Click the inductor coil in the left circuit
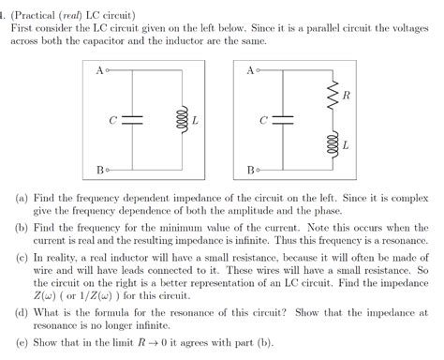click(181, 120)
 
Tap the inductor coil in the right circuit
click(333, 144)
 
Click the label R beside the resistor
click(347, 96)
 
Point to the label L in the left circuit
click(194, 120)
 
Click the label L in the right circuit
click(346, 145)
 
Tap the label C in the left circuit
click(112, 121)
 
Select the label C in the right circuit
click(263, 121)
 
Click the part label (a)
click(22, 200)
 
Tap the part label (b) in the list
click(22, 228)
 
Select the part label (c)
click(22, 256)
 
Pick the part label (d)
click(22, 310)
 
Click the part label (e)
click(22, 337)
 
